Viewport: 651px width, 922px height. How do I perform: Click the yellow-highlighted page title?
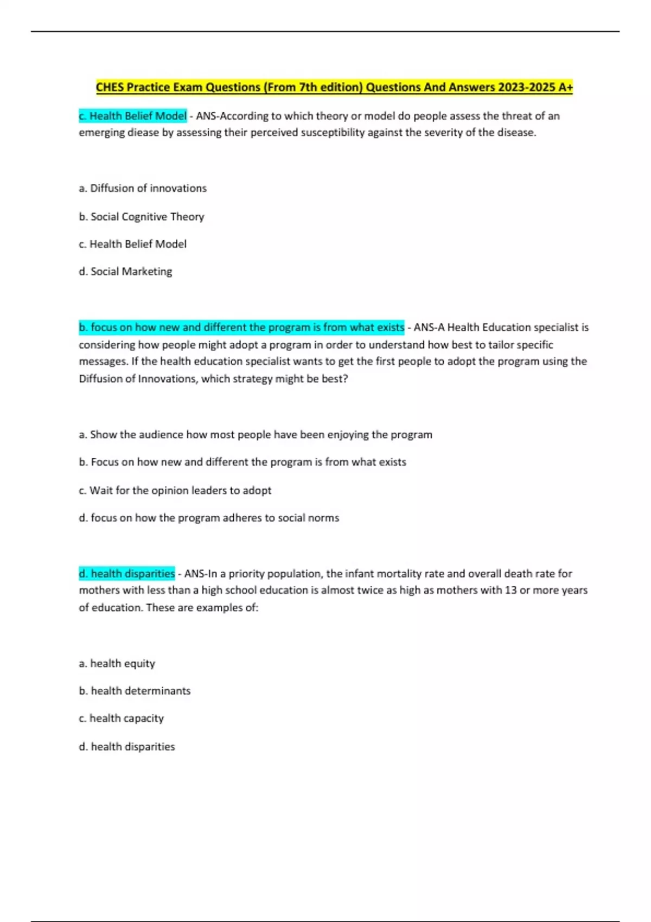click(334, 87)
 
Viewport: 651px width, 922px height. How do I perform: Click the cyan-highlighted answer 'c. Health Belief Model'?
click(133, 116)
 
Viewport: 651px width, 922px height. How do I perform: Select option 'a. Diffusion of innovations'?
click(143, 188)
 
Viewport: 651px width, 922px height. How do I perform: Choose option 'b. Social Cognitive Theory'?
click(142, 217)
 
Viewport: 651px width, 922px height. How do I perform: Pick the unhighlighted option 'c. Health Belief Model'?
click(133, 245)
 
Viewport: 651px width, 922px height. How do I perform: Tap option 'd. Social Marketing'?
click(126, 272)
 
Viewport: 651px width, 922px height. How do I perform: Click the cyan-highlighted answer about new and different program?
click(241, 328)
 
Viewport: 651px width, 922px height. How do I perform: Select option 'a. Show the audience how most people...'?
click(256, 435)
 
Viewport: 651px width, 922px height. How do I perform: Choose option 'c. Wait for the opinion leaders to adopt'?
click(175, 491)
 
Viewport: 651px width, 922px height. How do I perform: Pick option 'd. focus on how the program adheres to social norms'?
click(209, 518)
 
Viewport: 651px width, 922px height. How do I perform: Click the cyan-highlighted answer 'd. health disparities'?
click(127, 574)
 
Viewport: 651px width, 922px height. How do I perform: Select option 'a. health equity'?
click(117, 664)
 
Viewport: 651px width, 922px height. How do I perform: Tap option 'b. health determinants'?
click(135, 691)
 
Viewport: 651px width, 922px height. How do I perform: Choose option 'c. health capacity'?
click(122, 719)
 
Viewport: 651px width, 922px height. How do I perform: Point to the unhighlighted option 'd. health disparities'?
click(127, 747)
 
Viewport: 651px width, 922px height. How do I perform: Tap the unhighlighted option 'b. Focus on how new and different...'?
click(242, 463)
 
